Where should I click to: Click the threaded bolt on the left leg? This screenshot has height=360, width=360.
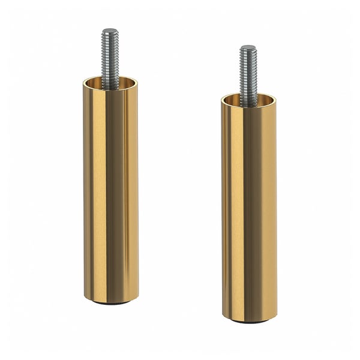pos(110,57)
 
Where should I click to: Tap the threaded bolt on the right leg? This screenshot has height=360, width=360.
pos(248,72)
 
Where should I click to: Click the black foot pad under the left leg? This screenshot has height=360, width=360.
pos(111,303)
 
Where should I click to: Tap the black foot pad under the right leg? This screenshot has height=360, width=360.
pos(250,321)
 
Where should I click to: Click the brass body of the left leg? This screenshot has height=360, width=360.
pos(111,192)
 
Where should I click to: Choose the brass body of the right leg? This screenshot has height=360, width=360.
pos(250,210)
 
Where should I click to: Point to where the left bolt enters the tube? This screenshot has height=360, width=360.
pos(110,88)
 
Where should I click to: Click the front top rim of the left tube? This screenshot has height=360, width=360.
pos(111,91)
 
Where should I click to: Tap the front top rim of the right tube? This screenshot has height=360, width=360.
pos(250,109)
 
